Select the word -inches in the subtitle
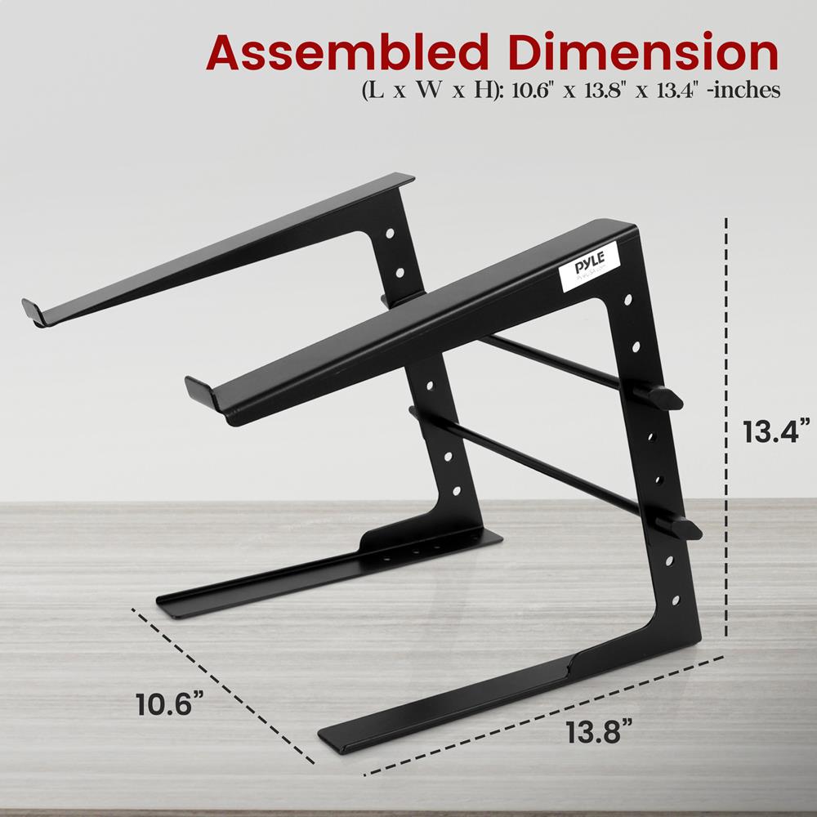tap(745, 91)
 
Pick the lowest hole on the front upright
tap(676, 601)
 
